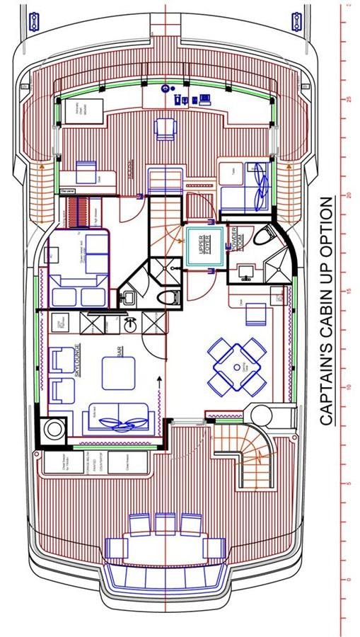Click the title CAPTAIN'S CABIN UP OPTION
point(325,311)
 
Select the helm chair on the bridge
point(166,126)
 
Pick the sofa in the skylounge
point(118,417)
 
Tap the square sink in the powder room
point(247,270)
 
